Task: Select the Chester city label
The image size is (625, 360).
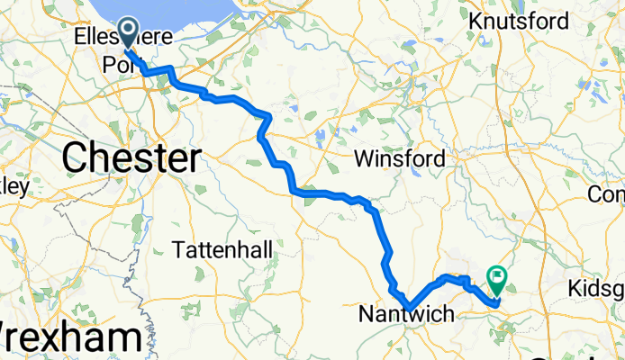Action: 131,159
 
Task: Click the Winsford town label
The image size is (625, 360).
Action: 399,159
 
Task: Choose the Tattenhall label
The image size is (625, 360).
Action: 222,249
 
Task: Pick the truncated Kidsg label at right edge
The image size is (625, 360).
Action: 597,289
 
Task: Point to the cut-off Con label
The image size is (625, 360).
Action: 606,193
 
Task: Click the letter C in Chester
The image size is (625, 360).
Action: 77,159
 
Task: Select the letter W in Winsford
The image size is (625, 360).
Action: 363,159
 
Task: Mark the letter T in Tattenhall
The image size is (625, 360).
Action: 177,249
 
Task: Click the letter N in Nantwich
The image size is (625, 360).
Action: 367,315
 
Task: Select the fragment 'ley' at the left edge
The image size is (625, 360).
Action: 14,187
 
